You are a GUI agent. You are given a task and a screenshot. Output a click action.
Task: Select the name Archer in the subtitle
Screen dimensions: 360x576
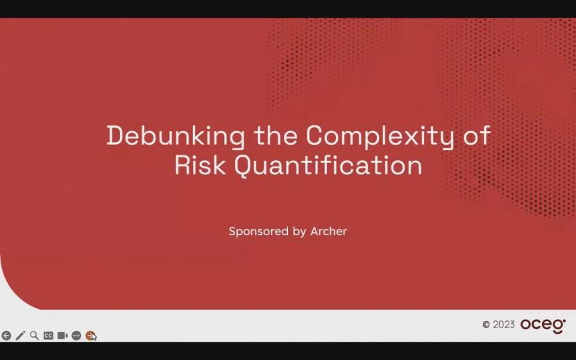click(329, 232)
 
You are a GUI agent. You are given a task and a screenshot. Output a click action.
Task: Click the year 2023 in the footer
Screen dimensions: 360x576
click(504, 325)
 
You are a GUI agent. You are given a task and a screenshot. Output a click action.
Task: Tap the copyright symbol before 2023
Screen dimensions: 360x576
click(486, 325)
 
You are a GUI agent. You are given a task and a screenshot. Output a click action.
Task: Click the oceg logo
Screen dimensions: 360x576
click(543, 325)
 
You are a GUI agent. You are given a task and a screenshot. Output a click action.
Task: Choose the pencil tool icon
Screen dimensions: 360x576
click(20, 336)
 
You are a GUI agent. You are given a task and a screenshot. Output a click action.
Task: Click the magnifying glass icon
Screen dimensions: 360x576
click(34, 336)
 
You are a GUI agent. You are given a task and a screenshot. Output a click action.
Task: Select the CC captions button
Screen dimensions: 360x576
click(48, 336)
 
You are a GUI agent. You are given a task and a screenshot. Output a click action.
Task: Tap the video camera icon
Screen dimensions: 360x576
click(62, 336)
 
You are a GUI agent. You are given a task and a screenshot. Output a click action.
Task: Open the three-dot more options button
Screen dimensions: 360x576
click(76, 336)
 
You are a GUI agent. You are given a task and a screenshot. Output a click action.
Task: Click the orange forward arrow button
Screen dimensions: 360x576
click(90, 336)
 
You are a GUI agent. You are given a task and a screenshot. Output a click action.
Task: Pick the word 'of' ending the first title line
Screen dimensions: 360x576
click(477, 135)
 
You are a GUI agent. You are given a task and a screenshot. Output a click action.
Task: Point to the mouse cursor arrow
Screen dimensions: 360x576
click(94, 338)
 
